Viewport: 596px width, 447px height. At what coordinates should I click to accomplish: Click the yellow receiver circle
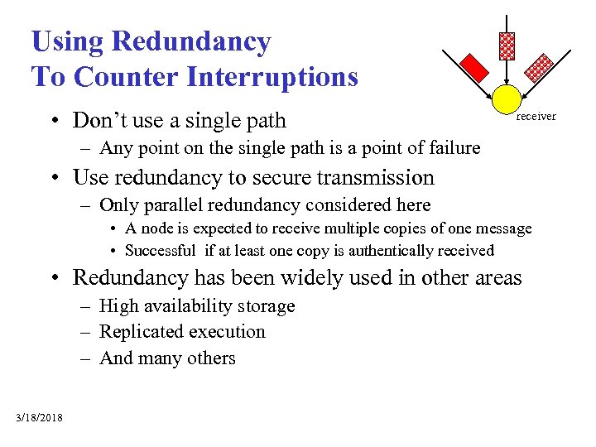507,99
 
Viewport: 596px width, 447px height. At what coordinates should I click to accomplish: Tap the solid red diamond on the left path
473,65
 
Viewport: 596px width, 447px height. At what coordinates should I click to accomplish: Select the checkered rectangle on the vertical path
507,46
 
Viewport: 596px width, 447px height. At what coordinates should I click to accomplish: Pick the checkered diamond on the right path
540,65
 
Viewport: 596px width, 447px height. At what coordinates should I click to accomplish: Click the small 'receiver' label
536,117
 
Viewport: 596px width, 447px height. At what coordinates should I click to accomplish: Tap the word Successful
160,250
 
